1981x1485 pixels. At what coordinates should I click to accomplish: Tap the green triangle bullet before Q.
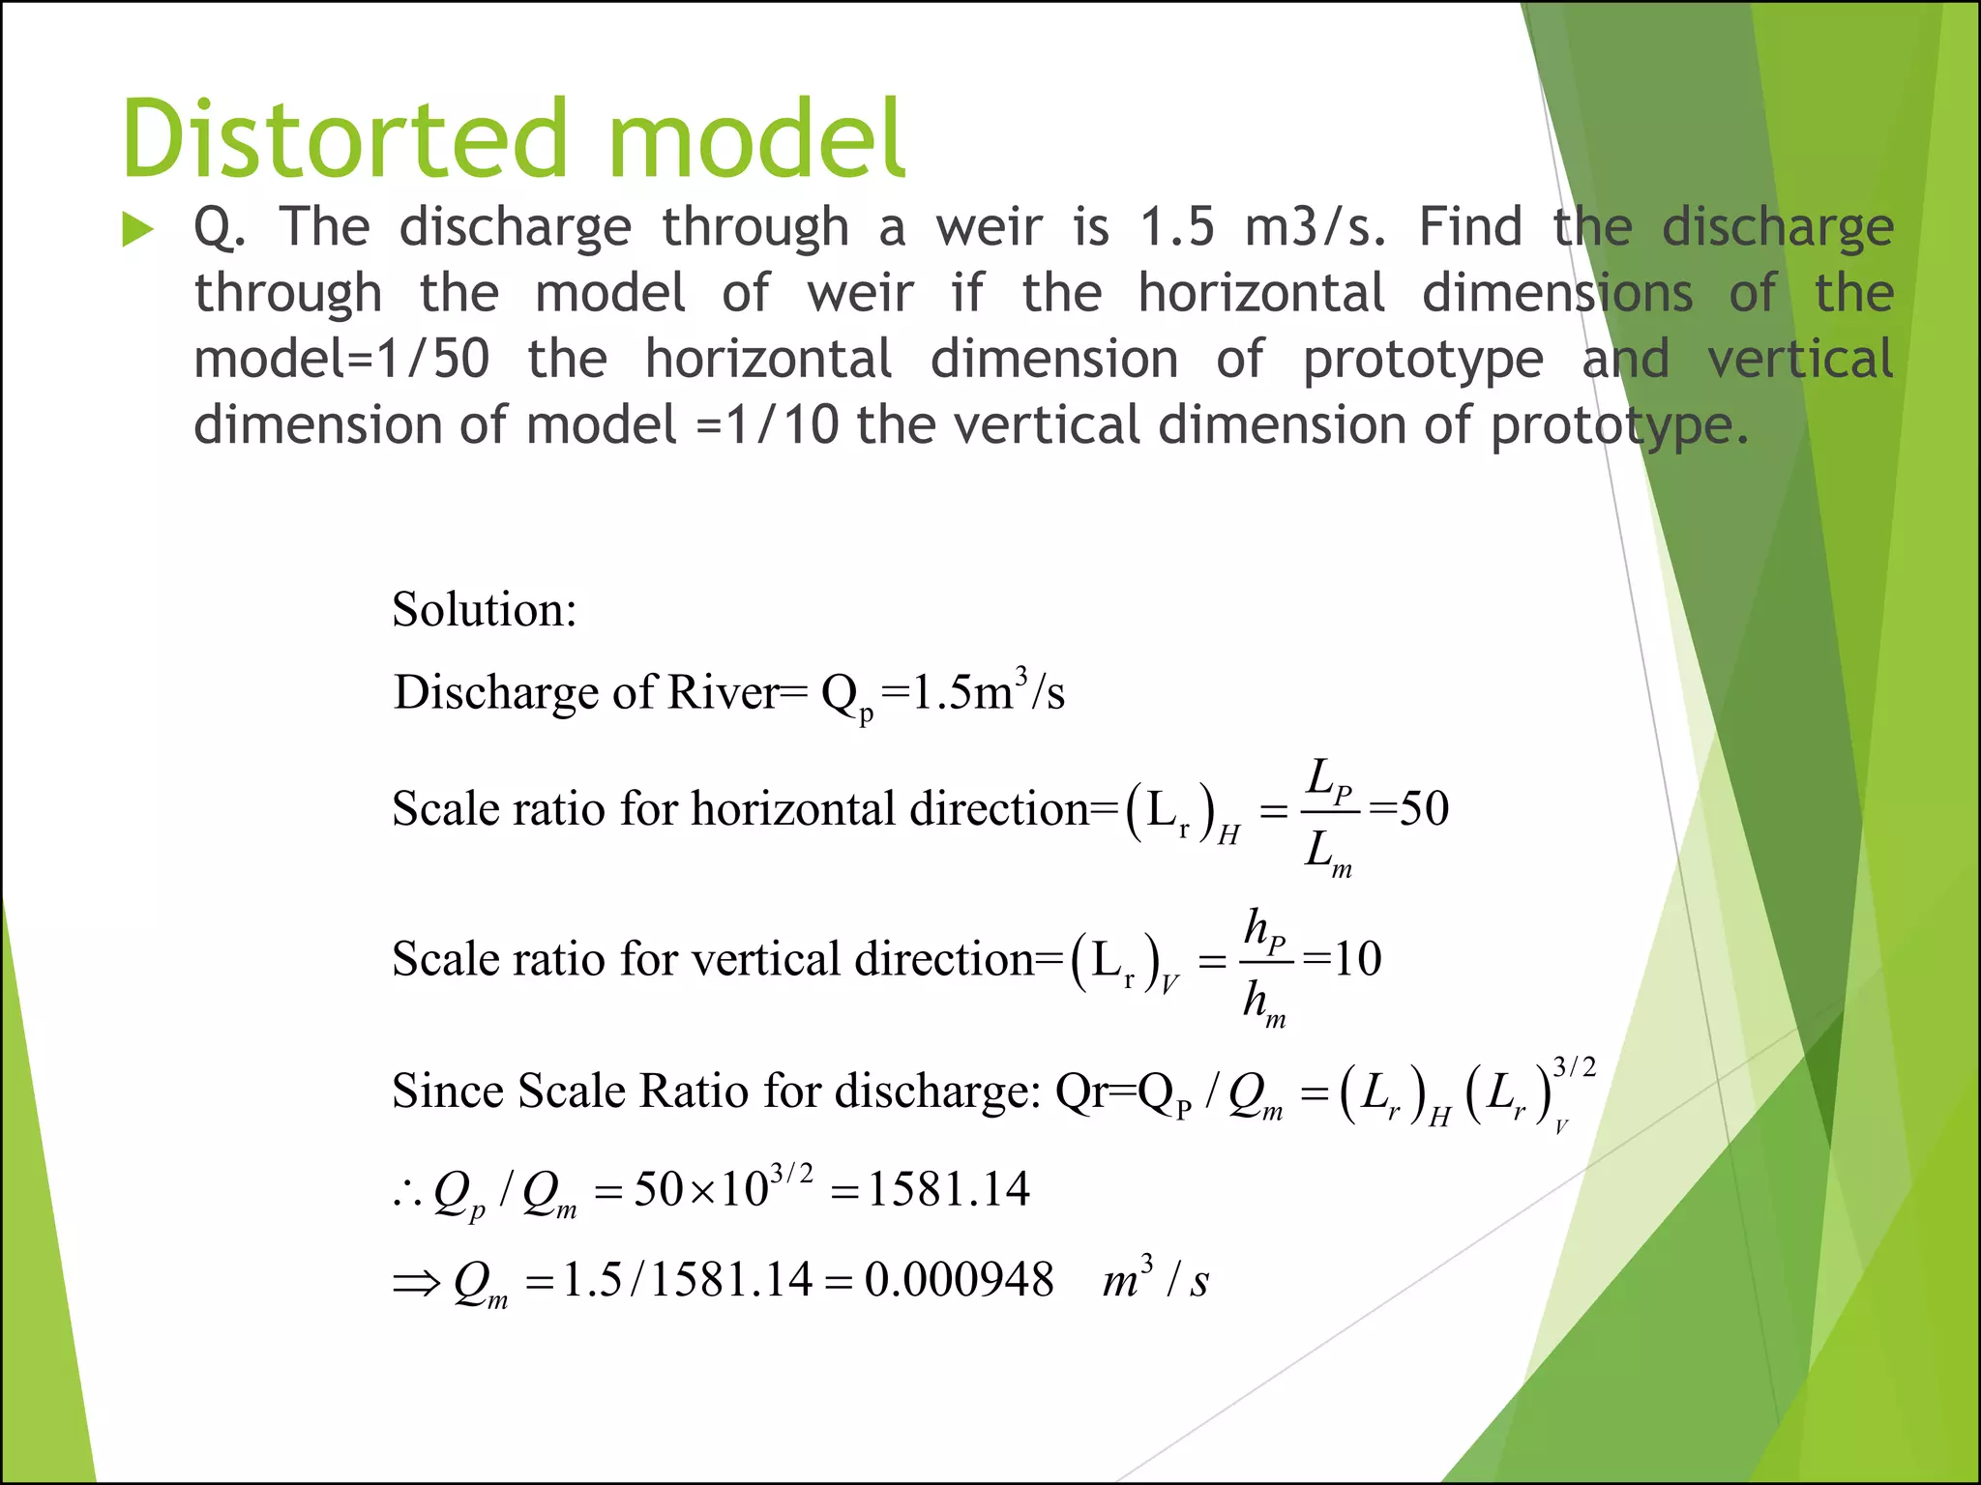(x=138, y=230)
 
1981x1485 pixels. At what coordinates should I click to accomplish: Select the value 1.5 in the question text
(x=1176, y=228)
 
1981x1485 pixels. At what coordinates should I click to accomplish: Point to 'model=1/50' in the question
(x=341, y=360)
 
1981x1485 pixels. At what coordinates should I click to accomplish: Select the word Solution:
(x=484, y=610)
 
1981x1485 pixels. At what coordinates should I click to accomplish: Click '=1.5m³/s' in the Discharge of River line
(x=972, y=692)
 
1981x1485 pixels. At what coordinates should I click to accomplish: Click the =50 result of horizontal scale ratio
(x=1409, y=808)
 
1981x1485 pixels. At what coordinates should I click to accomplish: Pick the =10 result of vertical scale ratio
(x=1343, y=959)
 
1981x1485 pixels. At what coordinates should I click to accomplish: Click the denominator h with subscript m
(x=1263, y=1003)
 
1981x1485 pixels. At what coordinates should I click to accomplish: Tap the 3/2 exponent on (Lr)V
(x=1574, y=1067)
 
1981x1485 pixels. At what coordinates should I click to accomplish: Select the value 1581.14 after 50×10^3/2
(x=948, y=1189)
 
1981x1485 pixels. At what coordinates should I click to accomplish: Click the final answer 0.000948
(x=959, y=1280)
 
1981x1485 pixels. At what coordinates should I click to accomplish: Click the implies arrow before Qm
(x=417, y=1284)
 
